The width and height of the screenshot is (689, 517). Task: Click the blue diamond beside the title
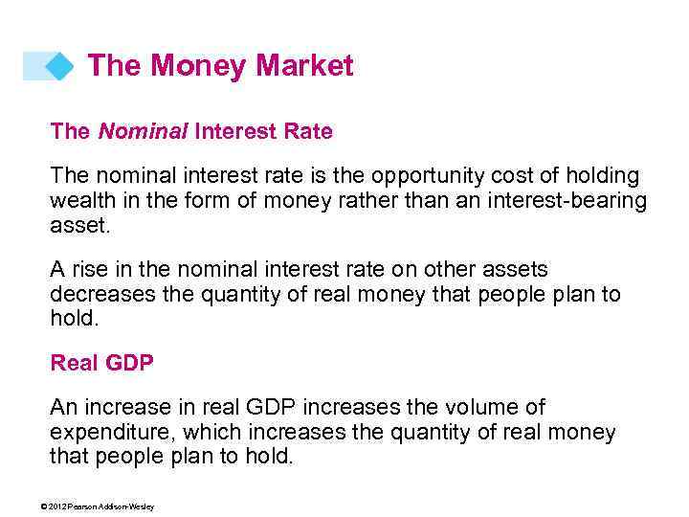coord(59,66)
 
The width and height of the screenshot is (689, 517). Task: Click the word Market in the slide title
coord(305,66)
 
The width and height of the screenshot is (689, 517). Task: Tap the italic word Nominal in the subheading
coord(143,132)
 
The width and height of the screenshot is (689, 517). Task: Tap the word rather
coord(369,201)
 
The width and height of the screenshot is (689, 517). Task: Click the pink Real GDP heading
coord(101,363)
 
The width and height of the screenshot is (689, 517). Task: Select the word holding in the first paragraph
coord(593,177)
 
